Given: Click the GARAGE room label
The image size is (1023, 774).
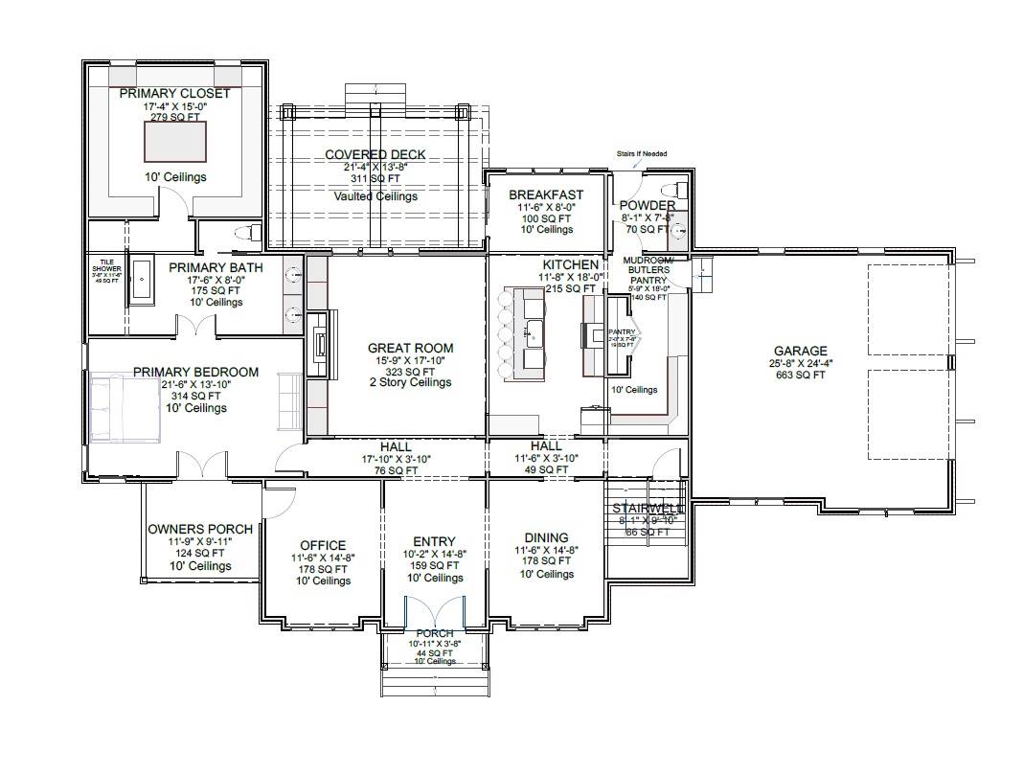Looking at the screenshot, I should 800,351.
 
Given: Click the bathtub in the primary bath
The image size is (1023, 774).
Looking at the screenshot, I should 141,281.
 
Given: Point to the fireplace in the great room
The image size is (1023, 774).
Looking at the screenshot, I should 321,344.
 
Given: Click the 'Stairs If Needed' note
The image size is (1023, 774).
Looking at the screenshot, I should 641,153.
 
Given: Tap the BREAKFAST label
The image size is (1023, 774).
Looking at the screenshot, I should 546,194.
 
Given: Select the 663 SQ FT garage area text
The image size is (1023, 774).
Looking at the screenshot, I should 800,375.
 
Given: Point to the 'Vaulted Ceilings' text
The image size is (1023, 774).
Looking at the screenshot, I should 375,196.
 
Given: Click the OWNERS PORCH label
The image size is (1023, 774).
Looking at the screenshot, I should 200,529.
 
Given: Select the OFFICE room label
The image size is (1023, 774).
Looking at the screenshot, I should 323,545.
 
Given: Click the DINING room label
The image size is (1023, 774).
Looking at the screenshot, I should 546,537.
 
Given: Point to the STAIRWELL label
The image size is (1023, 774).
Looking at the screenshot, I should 648,508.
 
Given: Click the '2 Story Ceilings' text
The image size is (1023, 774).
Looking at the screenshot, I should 410,382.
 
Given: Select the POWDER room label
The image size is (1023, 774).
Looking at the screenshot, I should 647,205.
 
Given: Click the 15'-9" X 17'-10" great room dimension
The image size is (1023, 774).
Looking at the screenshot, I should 410,360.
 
